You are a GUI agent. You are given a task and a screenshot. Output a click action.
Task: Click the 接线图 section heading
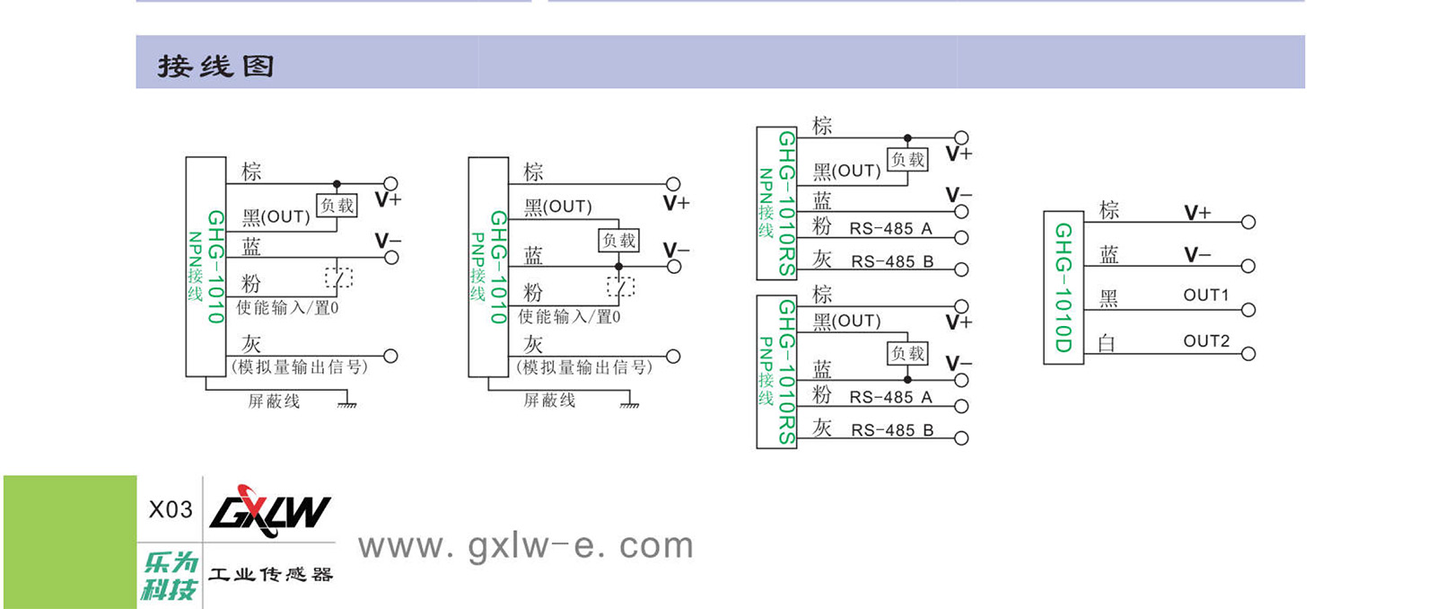(x=215, y=66)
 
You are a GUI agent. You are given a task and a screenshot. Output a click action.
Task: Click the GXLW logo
(x=269, y=511)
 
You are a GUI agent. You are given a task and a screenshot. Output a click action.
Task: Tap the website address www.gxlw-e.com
(x=526, y=546)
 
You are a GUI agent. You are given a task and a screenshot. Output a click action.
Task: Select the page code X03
(x=171, y=510)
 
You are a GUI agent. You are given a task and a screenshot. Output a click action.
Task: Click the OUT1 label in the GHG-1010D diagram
(x=1205, y=296)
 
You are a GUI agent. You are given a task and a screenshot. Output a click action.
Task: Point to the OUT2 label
(x=1205, y=341)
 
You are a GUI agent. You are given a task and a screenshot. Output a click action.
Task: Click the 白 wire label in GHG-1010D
(x=1107, y=343)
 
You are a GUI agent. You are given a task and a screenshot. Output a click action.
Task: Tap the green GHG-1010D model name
(x=1063, y=287)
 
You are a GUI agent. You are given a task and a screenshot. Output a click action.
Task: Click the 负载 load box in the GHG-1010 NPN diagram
(x=337, y=206)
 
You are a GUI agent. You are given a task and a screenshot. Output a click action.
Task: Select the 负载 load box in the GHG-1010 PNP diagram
(x=619, y=241)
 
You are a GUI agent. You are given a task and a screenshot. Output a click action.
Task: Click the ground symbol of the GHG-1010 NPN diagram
(x=346, y=404)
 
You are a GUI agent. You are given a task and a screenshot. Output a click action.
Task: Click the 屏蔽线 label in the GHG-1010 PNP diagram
(x=549, y=401)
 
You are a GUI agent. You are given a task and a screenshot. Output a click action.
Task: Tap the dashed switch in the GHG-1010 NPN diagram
(x=338, y=278)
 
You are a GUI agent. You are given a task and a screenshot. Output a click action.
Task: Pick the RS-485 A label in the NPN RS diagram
(x=890, y=229)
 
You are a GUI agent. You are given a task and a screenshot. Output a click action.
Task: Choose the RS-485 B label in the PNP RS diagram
(x=892, y=430)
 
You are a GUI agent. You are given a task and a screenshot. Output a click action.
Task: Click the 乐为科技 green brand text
(x=170, y=576)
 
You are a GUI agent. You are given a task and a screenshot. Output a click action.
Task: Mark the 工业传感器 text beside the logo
(x=270, y=575)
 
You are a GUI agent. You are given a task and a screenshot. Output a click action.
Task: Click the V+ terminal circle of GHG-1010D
(x=1248, y=223)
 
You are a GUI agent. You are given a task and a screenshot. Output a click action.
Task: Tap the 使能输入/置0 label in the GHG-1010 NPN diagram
(x=287, y=308)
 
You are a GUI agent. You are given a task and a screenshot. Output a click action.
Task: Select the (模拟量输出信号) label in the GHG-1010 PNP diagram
(x=584, y=367)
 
